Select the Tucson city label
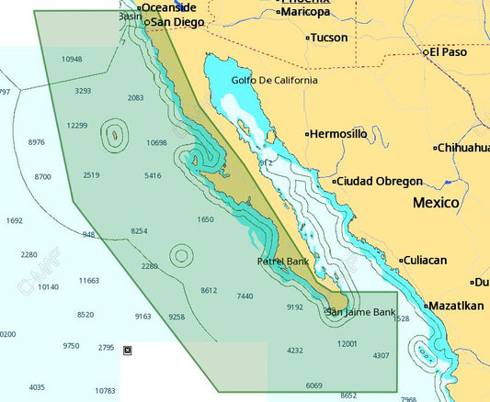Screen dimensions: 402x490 click(329, 39)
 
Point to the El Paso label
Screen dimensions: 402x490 click(448, 52)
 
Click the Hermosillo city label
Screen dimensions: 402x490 click(339, 134)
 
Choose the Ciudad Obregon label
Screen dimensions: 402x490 click(380, 182)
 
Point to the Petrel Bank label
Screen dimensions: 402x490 click(282, 262)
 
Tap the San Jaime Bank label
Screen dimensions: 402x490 click(361, 313)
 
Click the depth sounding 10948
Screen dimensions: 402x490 click(72, 59)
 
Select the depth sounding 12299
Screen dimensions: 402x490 click(77, 126)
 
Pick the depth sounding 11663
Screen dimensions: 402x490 click(89, 280)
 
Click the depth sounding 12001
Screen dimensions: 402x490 click(348, 344)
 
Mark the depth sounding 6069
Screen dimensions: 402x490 click(314, 385)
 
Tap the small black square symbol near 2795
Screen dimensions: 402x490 click(127, 349)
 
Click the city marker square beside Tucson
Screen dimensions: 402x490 click(307, 39)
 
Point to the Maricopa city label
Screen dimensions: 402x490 click(305, 12)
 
